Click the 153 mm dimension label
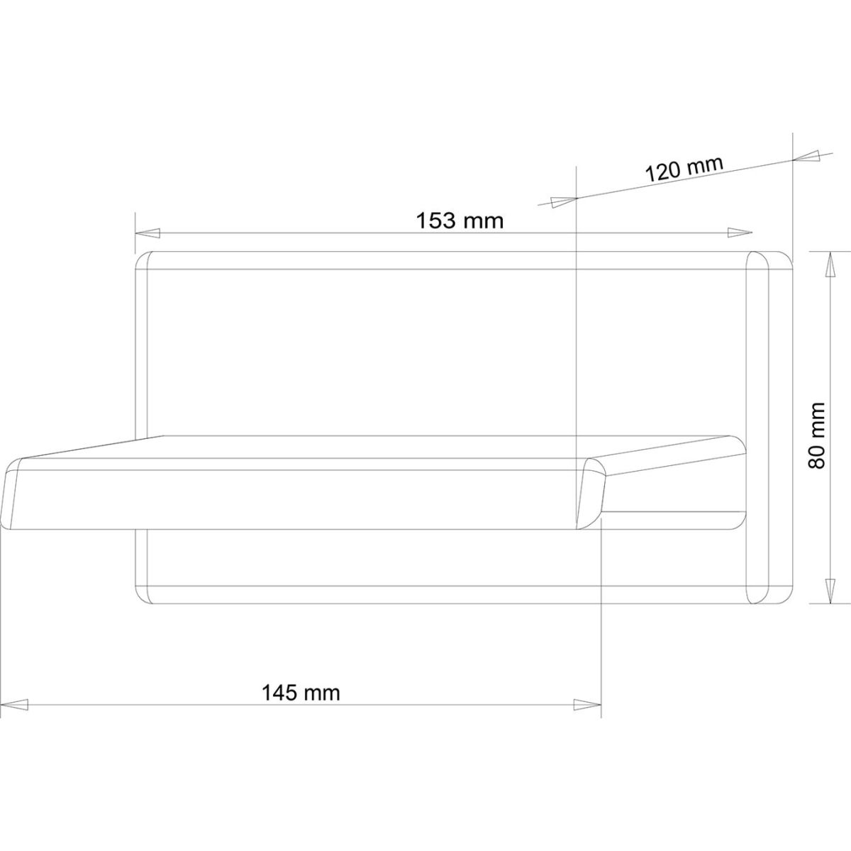click(460, 221)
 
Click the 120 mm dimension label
click(684, 168)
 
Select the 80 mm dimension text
click(816, 436)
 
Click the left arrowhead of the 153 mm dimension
click(148, 233)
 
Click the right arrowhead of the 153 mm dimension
click(740, 233)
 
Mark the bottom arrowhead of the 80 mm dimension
click(830, 591)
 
